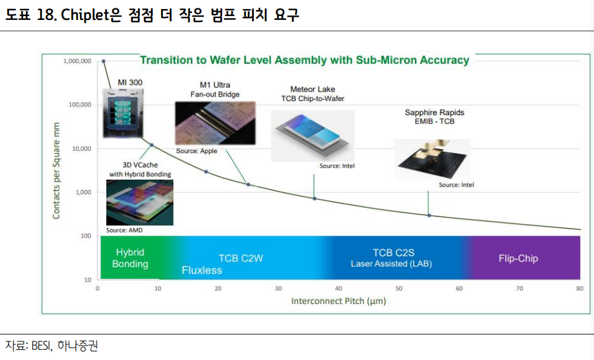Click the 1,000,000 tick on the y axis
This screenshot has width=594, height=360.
pos(77,61)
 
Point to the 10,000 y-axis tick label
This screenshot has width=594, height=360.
pos(80,149)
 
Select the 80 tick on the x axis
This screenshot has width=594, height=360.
pos(579,289)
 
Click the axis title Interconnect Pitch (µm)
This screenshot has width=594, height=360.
pos(338,301)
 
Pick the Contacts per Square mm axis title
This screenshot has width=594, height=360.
pos(57,171)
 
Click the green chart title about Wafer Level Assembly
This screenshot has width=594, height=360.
pos(304,60)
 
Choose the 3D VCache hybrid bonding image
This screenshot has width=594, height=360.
pos(139,202)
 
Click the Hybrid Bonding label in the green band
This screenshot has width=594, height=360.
pos(130,258)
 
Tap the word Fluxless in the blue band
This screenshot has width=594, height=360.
pos(202,270)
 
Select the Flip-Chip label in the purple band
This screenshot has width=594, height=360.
pos(518,258)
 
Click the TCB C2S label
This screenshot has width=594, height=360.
pos(391,252)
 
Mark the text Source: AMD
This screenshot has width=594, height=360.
pos(124,230)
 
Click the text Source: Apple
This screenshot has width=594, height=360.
pos(196,151)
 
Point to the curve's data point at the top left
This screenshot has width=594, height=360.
pos(104,61)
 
